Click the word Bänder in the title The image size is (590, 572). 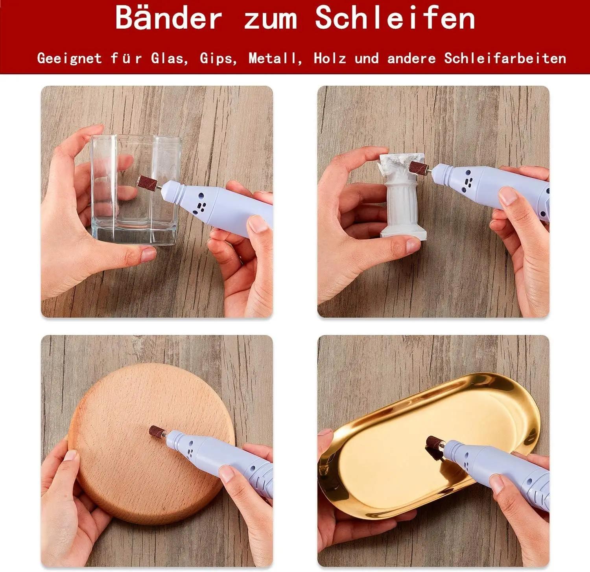point(169,18)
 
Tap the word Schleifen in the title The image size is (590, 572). point(395,18)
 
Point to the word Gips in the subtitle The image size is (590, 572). point(218,59)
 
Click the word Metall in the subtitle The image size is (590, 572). point(275,59)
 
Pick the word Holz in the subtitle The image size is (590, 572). point(330,59)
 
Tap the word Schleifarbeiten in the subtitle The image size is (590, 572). point(505,59)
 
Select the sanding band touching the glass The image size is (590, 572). point(147,182)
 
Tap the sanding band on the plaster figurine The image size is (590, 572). point(417,167)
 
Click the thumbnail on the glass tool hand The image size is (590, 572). point(258,223)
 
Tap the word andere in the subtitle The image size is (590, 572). point(411,59)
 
